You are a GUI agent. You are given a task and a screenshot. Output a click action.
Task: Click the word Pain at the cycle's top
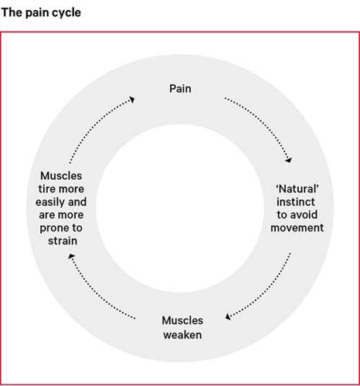click(x=180, y=89)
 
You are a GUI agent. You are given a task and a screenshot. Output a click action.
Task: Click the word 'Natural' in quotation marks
click(x=297, y=189)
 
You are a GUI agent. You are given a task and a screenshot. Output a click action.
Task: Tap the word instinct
click(x=296, y=201)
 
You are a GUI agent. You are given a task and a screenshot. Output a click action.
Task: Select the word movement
click(x=297, y=228)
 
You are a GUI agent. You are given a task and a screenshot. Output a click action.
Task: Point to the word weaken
click(x=182, y=335)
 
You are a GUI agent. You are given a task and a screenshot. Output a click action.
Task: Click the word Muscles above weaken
click(x=182, y=320)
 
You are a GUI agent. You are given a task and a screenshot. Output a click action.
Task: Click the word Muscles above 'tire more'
click(x=61, y=176)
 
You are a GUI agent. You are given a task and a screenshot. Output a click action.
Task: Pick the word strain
click(x=63, y=241)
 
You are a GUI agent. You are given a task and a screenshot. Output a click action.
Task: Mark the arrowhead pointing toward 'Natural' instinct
click(x=289, y=160)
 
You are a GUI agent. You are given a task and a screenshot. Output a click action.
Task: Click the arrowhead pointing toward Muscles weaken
click(x=228, y=317)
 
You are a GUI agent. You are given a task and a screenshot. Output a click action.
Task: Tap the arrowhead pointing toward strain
click(x=71, y=256)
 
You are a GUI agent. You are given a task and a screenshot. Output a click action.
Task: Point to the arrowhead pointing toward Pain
click(x=132, y=100)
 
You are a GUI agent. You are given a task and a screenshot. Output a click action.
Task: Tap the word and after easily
click(x=77, y=202)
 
